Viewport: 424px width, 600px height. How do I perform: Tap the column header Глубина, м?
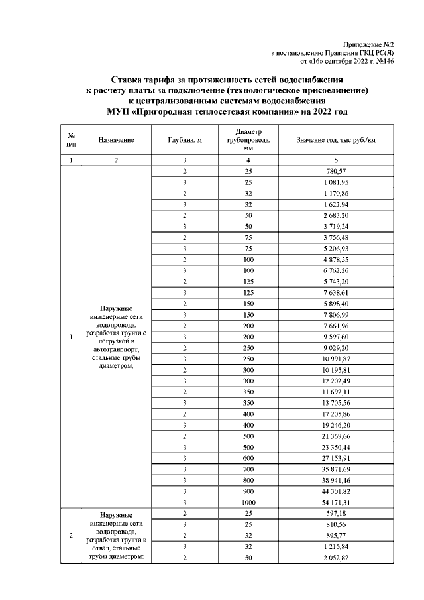tap(185, 140)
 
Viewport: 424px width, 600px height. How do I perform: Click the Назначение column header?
tap(117, 140)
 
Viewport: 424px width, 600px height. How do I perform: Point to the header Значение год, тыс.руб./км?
tap(336, 140)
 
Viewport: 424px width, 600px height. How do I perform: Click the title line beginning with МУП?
tap(227, 111)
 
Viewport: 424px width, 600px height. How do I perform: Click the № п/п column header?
tap(70, 140)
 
